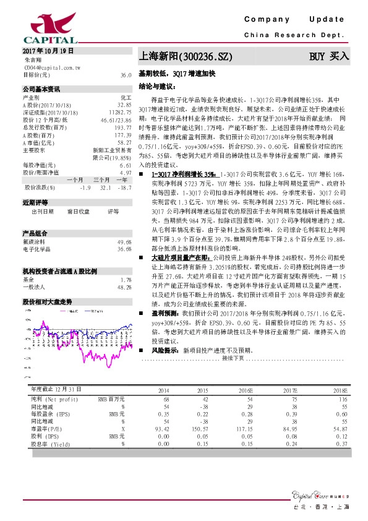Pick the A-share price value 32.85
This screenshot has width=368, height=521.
click(x=124, y=105)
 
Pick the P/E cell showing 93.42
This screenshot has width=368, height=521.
click(x=161, y=428)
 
